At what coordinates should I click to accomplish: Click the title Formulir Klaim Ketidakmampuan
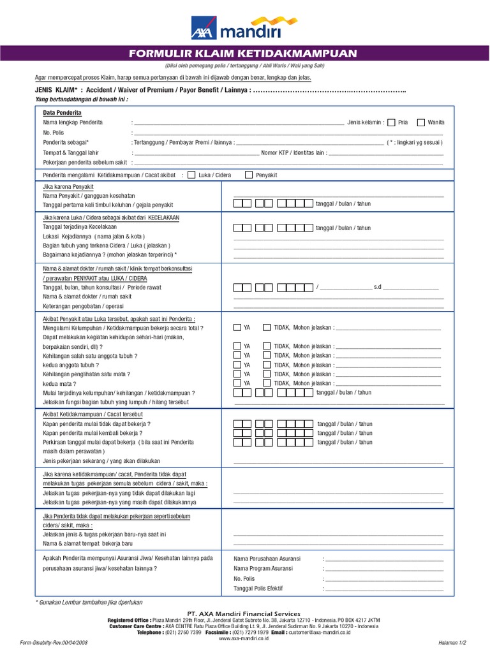(x=244, y=53)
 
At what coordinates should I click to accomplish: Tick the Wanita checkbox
(x=420, y=122)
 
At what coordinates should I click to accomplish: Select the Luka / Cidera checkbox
(x=192, y=175)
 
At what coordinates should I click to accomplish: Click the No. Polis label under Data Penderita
(x=54, y=132)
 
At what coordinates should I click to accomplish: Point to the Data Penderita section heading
(x=62, y=112)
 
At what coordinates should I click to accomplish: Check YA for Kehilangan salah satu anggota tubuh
(x=237, y=355)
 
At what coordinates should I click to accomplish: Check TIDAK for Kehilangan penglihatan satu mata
(x=267, y=374)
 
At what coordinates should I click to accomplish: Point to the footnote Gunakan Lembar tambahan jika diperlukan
(x=90, y=602)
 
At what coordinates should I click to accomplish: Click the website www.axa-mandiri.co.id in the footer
(x=244, y=638)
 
